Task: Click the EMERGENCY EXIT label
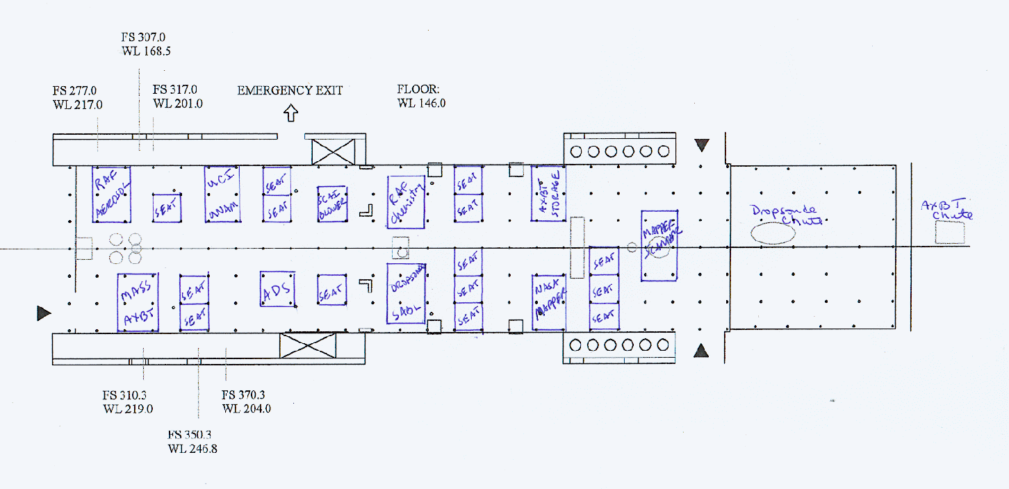pyautogui.click(x=290, y=90)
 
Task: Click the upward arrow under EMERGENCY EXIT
pyautogui.click(x=290, y=113)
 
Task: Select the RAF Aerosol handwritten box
pyautogui.click(x=112, y=194)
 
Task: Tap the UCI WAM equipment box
pyautogui.click(x=222, y=194)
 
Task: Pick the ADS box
pyautogui.click(x=278, y=289)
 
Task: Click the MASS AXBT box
pyautogui.click(x=138, y=303)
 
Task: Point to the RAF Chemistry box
pyautogui.click(x=406, y=201)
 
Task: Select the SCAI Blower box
pyautogui.click(x=331, y=204)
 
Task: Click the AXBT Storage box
pyautogui.click(x=548, y=193)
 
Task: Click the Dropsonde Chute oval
pyautogui.click(x=773, y=233)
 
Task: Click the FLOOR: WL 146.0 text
pyautogui.click(x=421, y=97)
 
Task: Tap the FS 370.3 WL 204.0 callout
pyautogui.click(x=246, y=401)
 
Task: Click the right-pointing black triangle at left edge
pyautogui.click(x=44, y=313)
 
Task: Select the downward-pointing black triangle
pyautogui.click(x=702, y=145)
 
